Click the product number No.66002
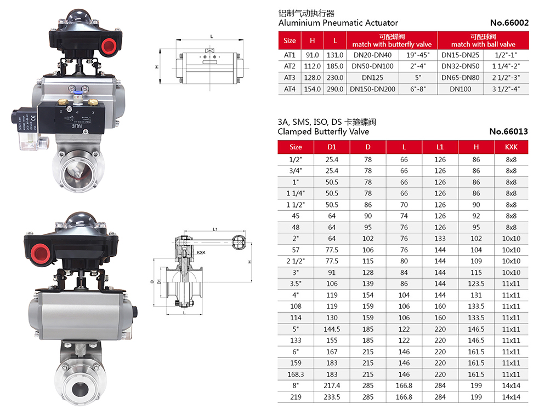click(x=509, y=23)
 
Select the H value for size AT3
click(x=312, y=78)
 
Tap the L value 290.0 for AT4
click(x=335, y=89)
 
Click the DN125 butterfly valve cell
click(x=372, y=78)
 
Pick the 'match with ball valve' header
click(x=483, y=44)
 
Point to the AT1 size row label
click(x=290, y=55)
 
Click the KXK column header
click(x=511, y=147)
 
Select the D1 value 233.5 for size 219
click(x=332, y=397)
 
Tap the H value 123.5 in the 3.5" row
click(x=476, y=284)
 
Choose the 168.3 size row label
click(x=296, y=375)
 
